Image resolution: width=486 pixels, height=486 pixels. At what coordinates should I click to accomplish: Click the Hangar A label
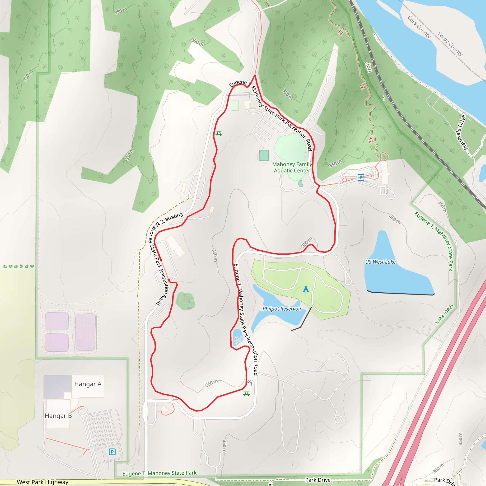88,384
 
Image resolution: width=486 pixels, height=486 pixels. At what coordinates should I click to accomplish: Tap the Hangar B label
58,416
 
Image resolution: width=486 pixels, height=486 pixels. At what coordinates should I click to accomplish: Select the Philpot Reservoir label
282,309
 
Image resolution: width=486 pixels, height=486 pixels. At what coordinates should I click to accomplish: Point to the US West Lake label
380,262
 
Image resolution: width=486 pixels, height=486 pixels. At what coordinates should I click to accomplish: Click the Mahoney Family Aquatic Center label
292,167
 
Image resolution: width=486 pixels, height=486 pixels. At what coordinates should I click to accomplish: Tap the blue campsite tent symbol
306,289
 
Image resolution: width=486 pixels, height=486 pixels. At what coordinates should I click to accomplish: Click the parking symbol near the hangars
112,452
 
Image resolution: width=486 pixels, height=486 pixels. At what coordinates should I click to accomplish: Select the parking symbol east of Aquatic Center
361,178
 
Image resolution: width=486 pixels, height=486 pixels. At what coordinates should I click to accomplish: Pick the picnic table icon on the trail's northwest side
219,134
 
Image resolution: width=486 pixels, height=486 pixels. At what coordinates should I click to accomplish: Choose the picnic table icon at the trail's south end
247,394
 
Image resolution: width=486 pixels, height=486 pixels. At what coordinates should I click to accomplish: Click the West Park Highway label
42,482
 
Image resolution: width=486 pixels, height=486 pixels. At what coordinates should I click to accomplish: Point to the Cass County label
419,27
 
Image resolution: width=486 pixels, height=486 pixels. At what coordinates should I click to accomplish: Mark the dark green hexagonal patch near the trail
185,301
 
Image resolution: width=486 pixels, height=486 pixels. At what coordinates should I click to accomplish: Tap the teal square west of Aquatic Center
264,155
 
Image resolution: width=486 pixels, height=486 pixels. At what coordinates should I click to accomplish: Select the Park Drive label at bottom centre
318,480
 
